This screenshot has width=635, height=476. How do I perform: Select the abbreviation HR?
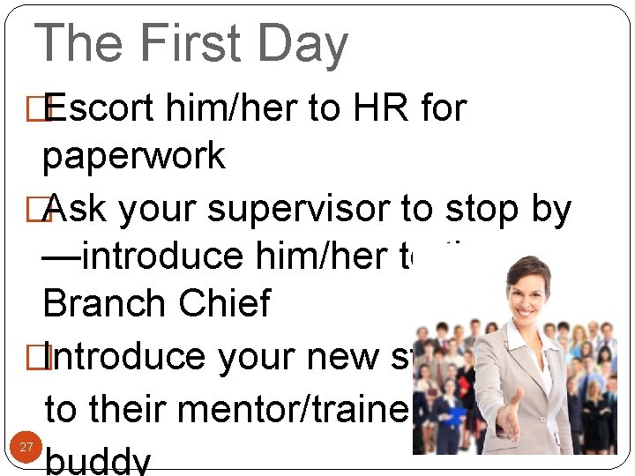click(x=383, y=109)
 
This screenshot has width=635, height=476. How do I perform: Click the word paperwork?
click(x=134, y=157)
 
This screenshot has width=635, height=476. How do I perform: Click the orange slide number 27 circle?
click(x=26, y=448)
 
